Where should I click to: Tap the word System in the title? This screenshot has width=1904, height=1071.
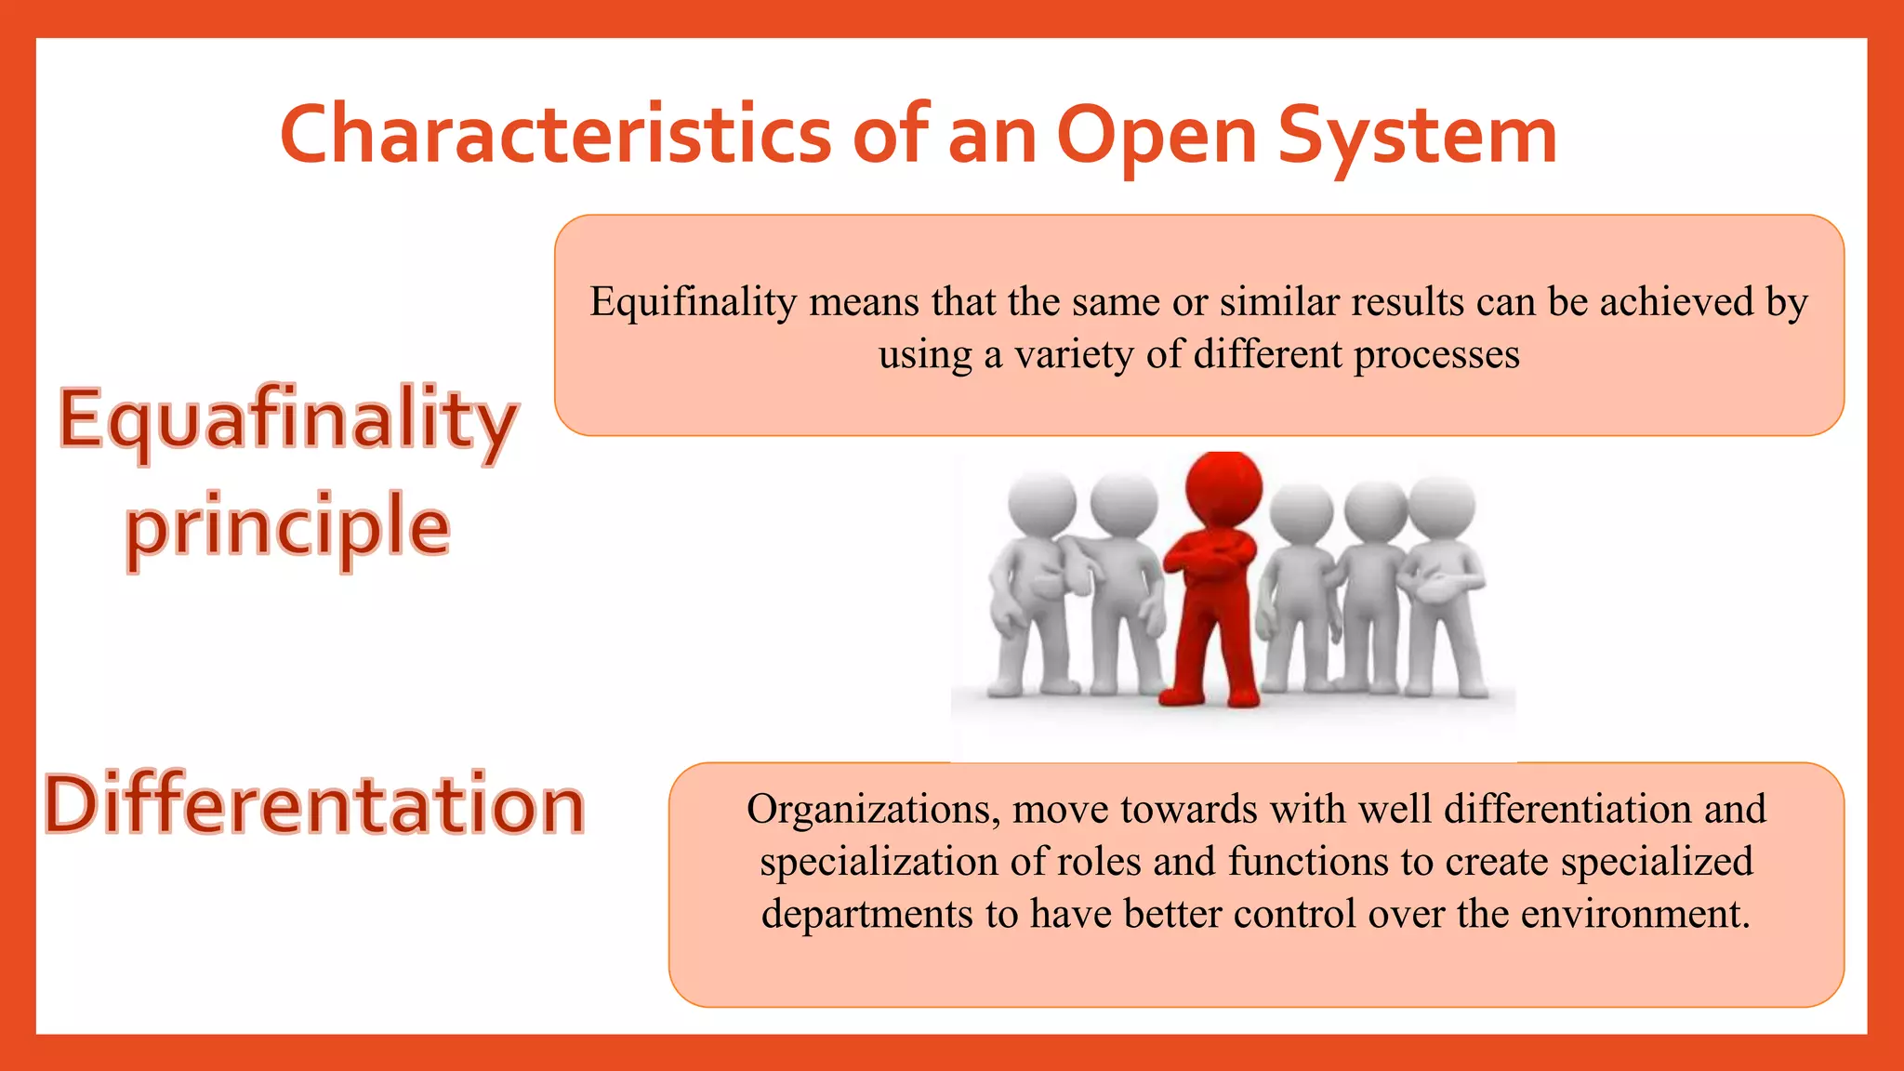click(x=1417, y=136)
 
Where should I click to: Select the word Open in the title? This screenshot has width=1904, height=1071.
click(x=1157, y=136)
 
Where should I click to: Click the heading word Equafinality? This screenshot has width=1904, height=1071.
click(x=288, y=420)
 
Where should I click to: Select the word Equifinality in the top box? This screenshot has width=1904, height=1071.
click(x=693, y=302)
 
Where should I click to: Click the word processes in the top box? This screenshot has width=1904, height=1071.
click(x=1436, y=354)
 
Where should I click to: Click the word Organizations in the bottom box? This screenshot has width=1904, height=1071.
click(x=872, y=810)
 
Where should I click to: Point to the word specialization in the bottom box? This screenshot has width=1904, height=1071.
click(x=879, y=862)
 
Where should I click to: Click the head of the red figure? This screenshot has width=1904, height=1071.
click(x=1224, y=488)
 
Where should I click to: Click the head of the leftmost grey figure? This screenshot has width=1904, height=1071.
click(x=1041, y=504)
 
